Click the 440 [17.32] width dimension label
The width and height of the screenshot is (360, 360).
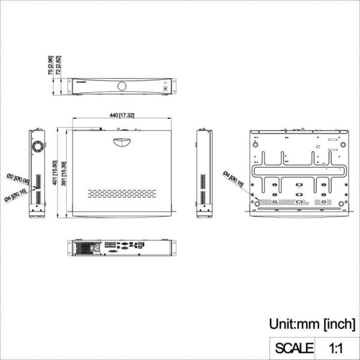(x=122, y=115)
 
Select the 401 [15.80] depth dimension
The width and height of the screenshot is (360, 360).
(x=55, y=174)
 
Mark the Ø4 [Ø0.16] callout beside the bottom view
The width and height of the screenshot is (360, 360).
(x=233, y=180)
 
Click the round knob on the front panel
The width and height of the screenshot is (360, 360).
(x=122, y=86)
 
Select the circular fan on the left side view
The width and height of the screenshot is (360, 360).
(x=37, y=146)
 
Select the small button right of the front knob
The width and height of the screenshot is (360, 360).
(x=163, y=86)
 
